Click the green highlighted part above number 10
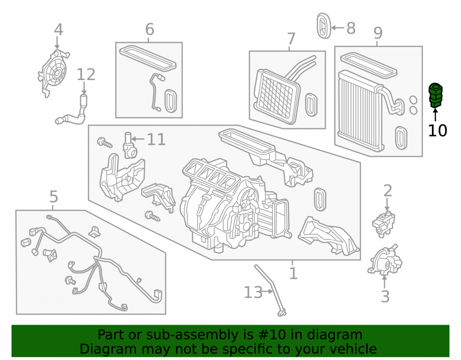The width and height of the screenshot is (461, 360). point(436,95)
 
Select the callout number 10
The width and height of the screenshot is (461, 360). point(437,130)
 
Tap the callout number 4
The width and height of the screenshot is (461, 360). point(59,30)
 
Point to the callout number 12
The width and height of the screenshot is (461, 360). point(86,75)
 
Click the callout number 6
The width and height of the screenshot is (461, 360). point(150,30)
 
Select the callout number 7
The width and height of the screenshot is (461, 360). point(291,39)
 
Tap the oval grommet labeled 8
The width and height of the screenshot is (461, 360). point(324,26)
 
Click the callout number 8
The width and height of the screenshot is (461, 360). point(351,28)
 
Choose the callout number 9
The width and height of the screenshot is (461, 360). point(378,33)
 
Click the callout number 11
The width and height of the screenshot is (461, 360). point(156,139)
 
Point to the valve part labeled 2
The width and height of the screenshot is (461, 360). point(384,223)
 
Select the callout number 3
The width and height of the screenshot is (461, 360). point(385,296)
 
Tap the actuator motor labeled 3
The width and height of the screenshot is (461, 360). point(385,260)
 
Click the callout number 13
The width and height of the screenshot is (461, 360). point(253,292)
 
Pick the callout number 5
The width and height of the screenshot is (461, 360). point(53,197)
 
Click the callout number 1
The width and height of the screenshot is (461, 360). point(293,274)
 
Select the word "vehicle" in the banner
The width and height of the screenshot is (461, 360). point(357,349)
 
